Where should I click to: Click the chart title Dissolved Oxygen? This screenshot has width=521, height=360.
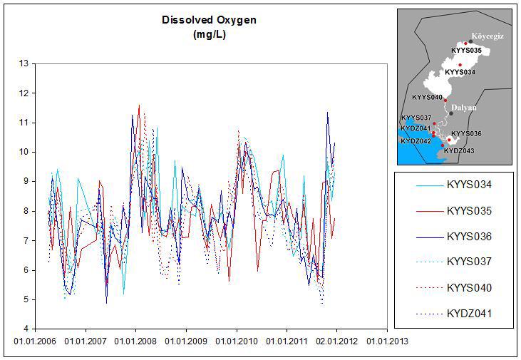[x=210, y=20]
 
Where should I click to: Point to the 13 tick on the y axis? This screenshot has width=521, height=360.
[x=24, y=63]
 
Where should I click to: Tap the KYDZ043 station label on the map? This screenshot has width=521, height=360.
[x=459, y=150]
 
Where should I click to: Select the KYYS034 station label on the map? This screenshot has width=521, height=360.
[x=460, y=72]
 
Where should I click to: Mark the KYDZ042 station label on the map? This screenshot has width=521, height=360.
[x=416, y=141]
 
